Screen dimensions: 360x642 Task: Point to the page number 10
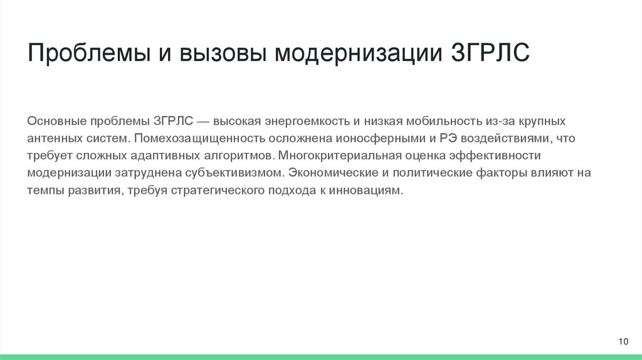pos(623,341)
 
